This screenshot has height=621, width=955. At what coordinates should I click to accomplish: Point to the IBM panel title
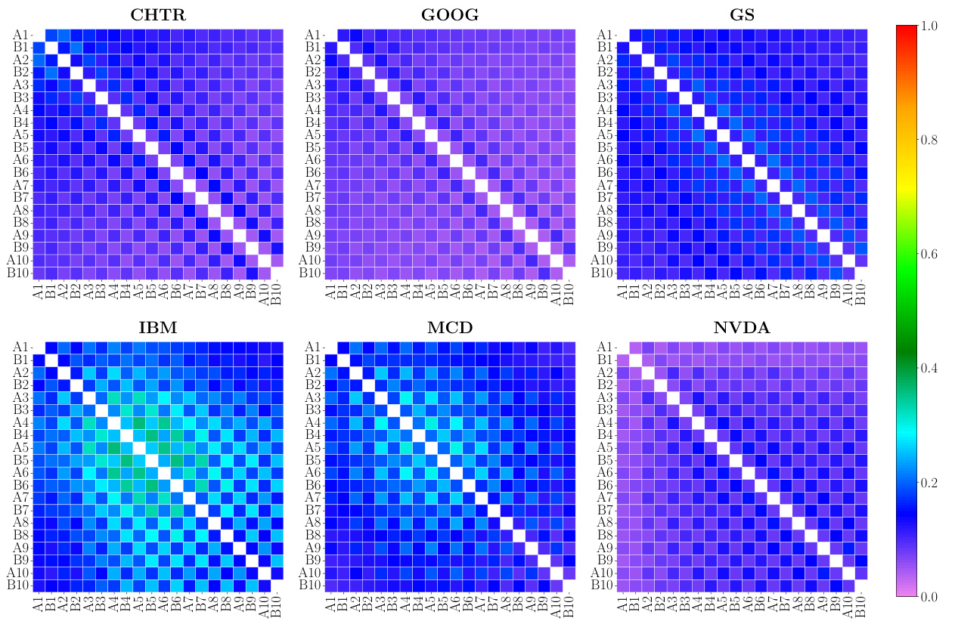click(x=158, y=329)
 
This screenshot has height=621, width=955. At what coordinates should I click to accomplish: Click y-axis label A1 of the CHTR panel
click(x=20, y=35)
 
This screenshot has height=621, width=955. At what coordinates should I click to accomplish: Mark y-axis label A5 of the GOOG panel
click(x=312, y=135)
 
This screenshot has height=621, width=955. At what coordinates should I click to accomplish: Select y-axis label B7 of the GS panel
click(x=604, y=198)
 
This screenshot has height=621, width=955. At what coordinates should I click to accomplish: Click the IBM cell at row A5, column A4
click(x=114, y=448)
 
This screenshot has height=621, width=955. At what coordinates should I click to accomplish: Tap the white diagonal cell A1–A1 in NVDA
click(x=623, y=348)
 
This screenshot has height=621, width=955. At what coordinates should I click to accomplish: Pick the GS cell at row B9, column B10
click(x=860, y=248)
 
